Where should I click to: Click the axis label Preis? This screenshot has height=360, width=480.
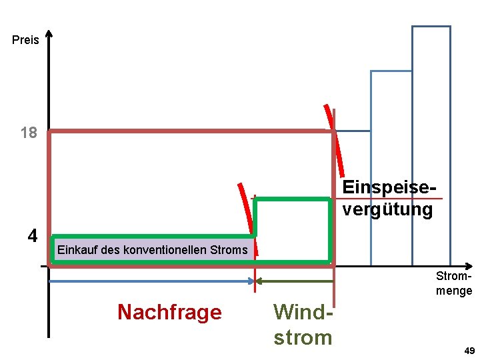25,40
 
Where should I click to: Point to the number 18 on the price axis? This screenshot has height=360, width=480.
29,133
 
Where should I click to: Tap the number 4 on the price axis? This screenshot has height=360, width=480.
33,236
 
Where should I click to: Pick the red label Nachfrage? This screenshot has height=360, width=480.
169,312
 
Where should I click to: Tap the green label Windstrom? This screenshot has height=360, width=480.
303,325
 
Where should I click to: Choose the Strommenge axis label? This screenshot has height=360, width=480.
454,283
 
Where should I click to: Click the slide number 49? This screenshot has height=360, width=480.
469,351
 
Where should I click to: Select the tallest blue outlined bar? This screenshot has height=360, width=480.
431,133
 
